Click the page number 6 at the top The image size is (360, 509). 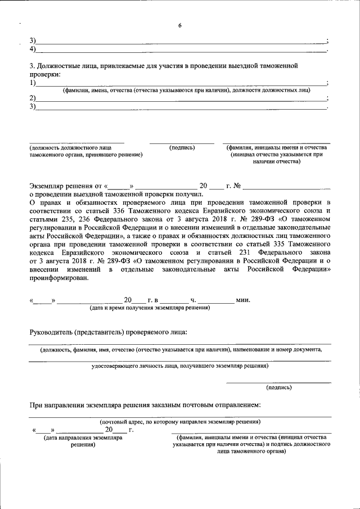click(x=179, y=26)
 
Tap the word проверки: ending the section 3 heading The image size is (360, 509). click(x=45, y=74)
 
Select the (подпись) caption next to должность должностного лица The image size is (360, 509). click(x=182, y=147)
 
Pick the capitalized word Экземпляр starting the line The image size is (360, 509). click(x=48, y=185)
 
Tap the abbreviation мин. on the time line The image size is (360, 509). click(x=243, y=300)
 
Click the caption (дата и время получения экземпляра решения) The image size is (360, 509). click(x=150, y=308)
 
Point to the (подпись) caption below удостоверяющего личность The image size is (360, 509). click(x=278, y=387)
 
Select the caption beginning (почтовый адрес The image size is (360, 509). click(x=179, y=421)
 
